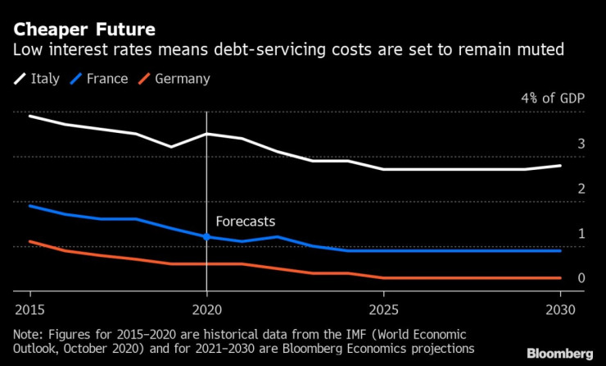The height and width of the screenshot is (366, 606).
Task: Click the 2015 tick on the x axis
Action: [x=29, y=311]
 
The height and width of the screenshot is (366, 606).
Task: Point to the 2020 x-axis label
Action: [x=206, y=311]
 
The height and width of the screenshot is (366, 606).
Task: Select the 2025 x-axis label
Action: [x=384, y=311]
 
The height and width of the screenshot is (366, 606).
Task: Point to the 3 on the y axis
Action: [x=581, y=144]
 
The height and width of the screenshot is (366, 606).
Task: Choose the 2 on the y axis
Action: [x=581, y=190]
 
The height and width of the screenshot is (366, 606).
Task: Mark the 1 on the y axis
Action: [x=581, y=234]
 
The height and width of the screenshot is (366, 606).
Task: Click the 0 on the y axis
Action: [x=581, y=278]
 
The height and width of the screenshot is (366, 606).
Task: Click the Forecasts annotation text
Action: [x=245, y=222]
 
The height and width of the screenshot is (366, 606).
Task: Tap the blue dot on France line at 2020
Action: [x=206, y=236]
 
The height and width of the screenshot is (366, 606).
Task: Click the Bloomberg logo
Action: [x=559, y=353]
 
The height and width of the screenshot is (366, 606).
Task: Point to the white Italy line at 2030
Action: [x=560, y=166]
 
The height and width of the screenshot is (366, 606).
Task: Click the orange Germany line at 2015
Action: [x=30, y=241]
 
